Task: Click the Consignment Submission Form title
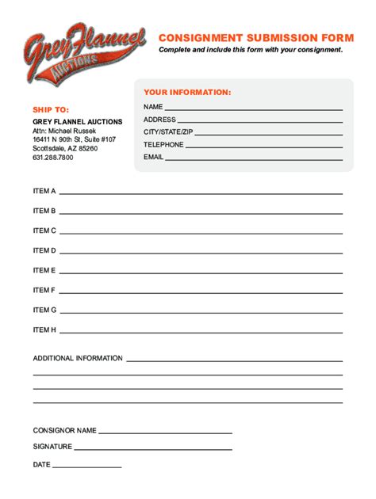[x=255, y=37]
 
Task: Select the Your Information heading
[x=187, y=92]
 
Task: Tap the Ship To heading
[x=51, y=109]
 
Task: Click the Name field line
[x=254, y=109]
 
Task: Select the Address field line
[x=260, y=121]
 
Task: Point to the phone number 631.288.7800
[x=53, y=158]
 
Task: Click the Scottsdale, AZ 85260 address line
[x=65, y=148]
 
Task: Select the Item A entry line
[x=201, y=192]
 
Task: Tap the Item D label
[x=44, y=250]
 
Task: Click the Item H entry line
[x=201, y=331]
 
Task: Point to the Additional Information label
[x=78, y=358]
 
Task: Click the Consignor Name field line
[x=165, y=432]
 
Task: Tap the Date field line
[x=87, y=467]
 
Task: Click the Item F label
[x=44, y=290]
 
